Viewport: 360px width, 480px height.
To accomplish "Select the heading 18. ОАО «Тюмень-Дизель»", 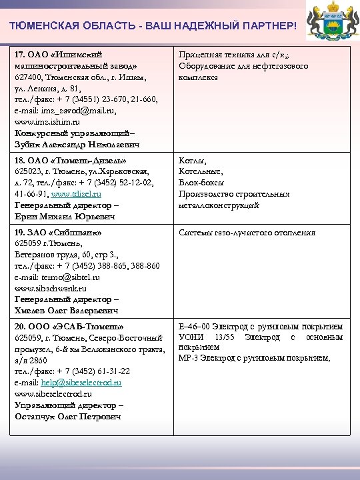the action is point(71,161).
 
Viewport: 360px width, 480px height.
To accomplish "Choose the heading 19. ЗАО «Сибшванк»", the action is point(65,233).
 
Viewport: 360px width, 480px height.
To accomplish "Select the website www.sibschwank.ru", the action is point(51,289).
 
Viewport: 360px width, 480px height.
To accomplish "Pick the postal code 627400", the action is point(29,77).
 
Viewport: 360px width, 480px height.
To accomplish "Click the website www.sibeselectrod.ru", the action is point(55,394).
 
